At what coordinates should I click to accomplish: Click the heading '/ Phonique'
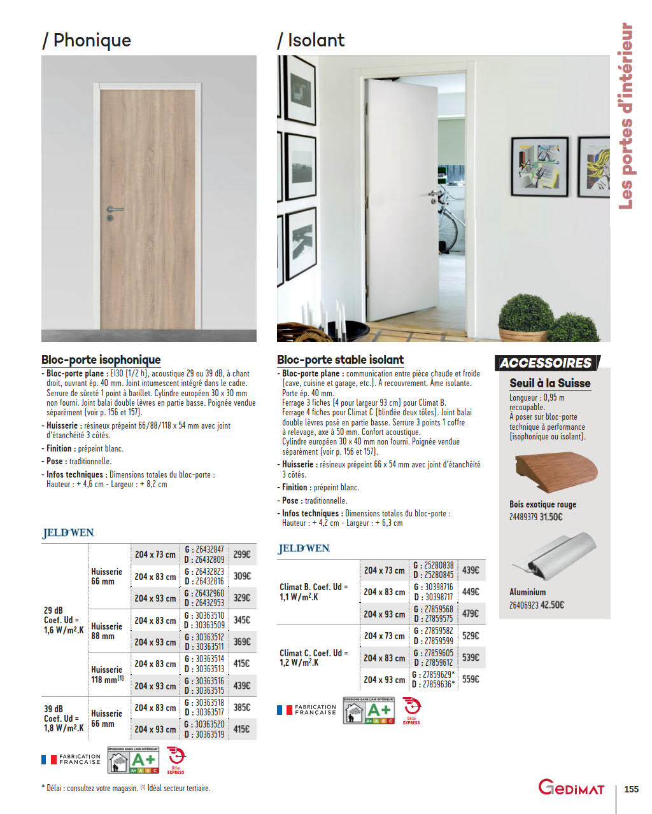(87, 40)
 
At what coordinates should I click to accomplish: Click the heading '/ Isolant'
(311, 40)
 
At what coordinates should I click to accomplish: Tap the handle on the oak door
(113, 210)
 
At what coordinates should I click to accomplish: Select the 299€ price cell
(241, 555)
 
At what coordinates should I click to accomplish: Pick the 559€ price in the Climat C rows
(471, 679)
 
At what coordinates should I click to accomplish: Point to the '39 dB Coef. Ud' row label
(63, 719)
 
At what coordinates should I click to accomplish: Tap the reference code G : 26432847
(204, 549)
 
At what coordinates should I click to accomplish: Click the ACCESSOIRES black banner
(546, 363)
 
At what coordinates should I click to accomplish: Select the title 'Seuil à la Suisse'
(549, 383)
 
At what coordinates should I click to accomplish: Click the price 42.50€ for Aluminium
(552, 605)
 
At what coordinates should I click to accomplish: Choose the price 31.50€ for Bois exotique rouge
(551, 517)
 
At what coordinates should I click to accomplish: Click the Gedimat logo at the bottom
(571, 789)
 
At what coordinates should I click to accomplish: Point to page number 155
(631, 789)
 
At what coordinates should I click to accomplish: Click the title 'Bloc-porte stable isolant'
(340, 359)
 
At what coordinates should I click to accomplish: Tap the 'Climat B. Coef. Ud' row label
(314, 592)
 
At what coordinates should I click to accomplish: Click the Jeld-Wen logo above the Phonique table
(68, 533)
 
